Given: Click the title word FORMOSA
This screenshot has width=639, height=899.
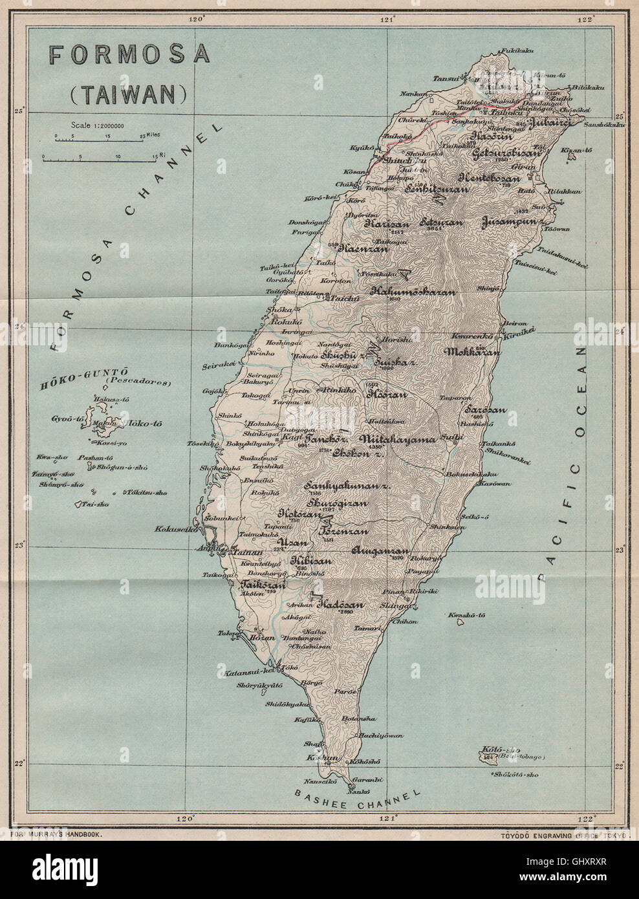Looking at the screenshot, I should click(130, 55).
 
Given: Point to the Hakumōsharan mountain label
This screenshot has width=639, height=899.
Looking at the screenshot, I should click(413, 292).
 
